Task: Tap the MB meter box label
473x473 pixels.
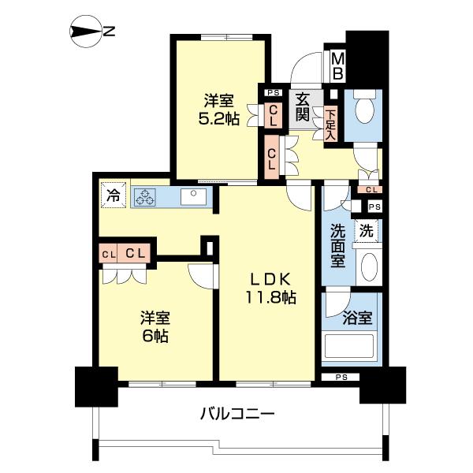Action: pyautogui.click(x=337, y=66)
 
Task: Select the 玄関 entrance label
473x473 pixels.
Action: pyautogui.click(x=304, y=107)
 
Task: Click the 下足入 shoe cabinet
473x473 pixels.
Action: pyautogui.click(x=330, y=125)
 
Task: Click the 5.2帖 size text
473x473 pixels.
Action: pyautogui.click(x=219, y=119)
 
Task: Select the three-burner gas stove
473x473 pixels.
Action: pyautogui.click(x=145, y=197)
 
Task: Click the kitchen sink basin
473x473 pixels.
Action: pyautogui.click(x=193, y=197)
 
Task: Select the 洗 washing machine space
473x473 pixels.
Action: pyautogui.click(x=366, y=231)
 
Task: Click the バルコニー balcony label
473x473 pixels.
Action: pyautogui.click(x=237, y=413)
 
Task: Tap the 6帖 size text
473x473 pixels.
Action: pyautogui.click(x=155, y=335)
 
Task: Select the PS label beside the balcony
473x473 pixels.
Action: pyautogui.click(x=341, y=377)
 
